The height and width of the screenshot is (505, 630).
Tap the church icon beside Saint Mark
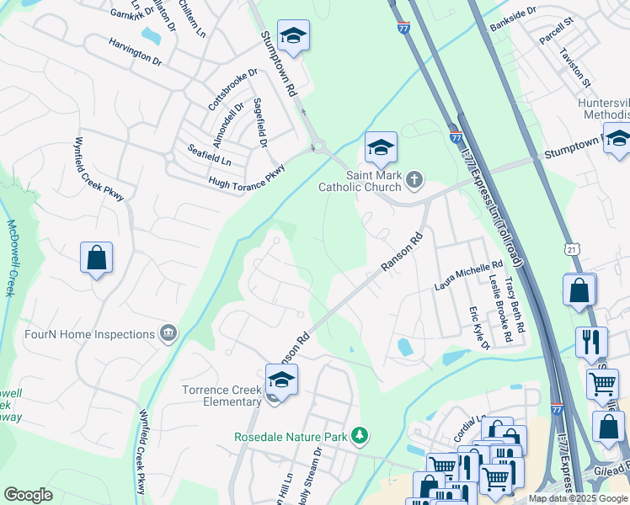click(x=414, y=179)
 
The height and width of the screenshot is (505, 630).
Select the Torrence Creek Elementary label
click(x=222, y=396)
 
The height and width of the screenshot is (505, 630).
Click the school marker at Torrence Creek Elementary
click(x=281, y=380)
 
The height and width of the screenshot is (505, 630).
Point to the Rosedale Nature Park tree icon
click(x=360, y=435)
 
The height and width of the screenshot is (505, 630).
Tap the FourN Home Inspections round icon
click(x=169, y=334)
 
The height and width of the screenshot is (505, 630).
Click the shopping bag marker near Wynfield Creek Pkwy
click(x=96, y=258)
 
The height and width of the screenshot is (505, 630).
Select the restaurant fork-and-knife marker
click(x=591, y=343)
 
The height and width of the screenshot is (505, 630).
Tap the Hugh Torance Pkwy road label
click(x=247, y=174)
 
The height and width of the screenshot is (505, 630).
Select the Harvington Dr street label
click(x=135, y=50)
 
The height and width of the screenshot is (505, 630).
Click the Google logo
click(x=28, y=495)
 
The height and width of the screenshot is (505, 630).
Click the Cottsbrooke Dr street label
click(x=232, y=89)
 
